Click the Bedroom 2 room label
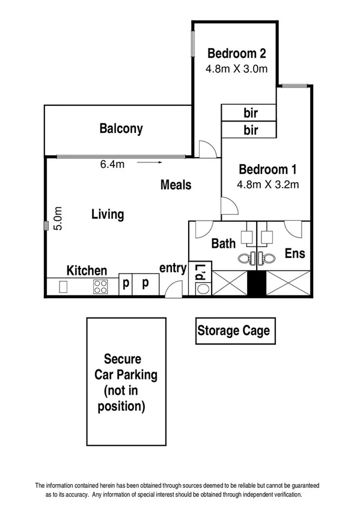tap(234, 51)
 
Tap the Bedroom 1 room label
tap(267, 169)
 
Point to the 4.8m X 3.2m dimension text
tap(267, 185)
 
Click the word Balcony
tap(121, 129)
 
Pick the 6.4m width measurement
tap(112, 165)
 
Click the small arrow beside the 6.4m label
tap(150, 162)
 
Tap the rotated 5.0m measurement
tap(58, 219)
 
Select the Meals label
tap(175, 185)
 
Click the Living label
tap(108, 214)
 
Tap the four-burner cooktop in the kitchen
tap(100, 287)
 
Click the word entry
tap(172, 268)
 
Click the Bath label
tap(223, 244)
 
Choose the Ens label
tap(294, 253)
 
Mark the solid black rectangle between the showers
tap(257, 283)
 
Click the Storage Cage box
tap(233, 330)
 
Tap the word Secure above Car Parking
tap(123, 359)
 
